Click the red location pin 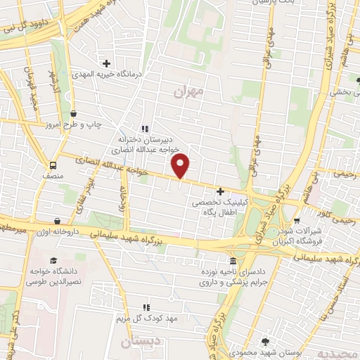tap(181, 166)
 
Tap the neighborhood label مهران tap(188, 91)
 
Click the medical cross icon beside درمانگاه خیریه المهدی tap(106, 62)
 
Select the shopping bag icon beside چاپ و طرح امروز tap(75, 112)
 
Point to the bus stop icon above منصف tap(53, 165)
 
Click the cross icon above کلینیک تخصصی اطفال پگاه tap(221, 191)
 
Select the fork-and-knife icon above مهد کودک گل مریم tap(146, 307)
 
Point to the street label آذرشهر tap(51, 82)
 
